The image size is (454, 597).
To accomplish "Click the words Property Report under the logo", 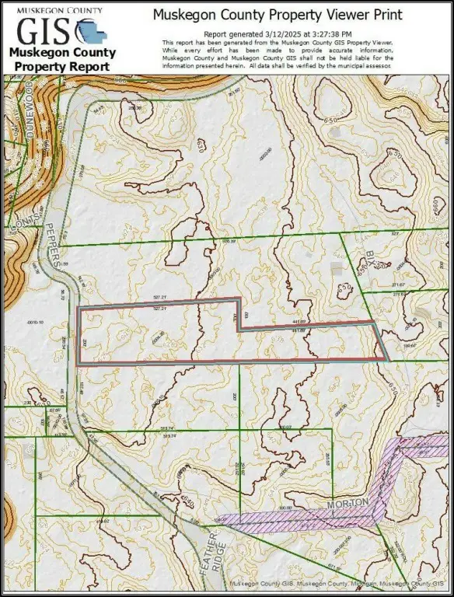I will tap(62, 67).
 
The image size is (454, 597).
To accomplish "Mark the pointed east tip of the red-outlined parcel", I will tap(388, 358).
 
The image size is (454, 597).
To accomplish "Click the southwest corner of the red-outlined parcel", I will tap(79, 362).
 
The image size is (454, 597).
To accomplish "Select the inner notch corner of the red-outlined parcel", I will tap(239, 330).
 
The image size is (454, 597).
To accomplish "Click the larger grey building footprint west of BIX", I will tap(336, 267).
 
